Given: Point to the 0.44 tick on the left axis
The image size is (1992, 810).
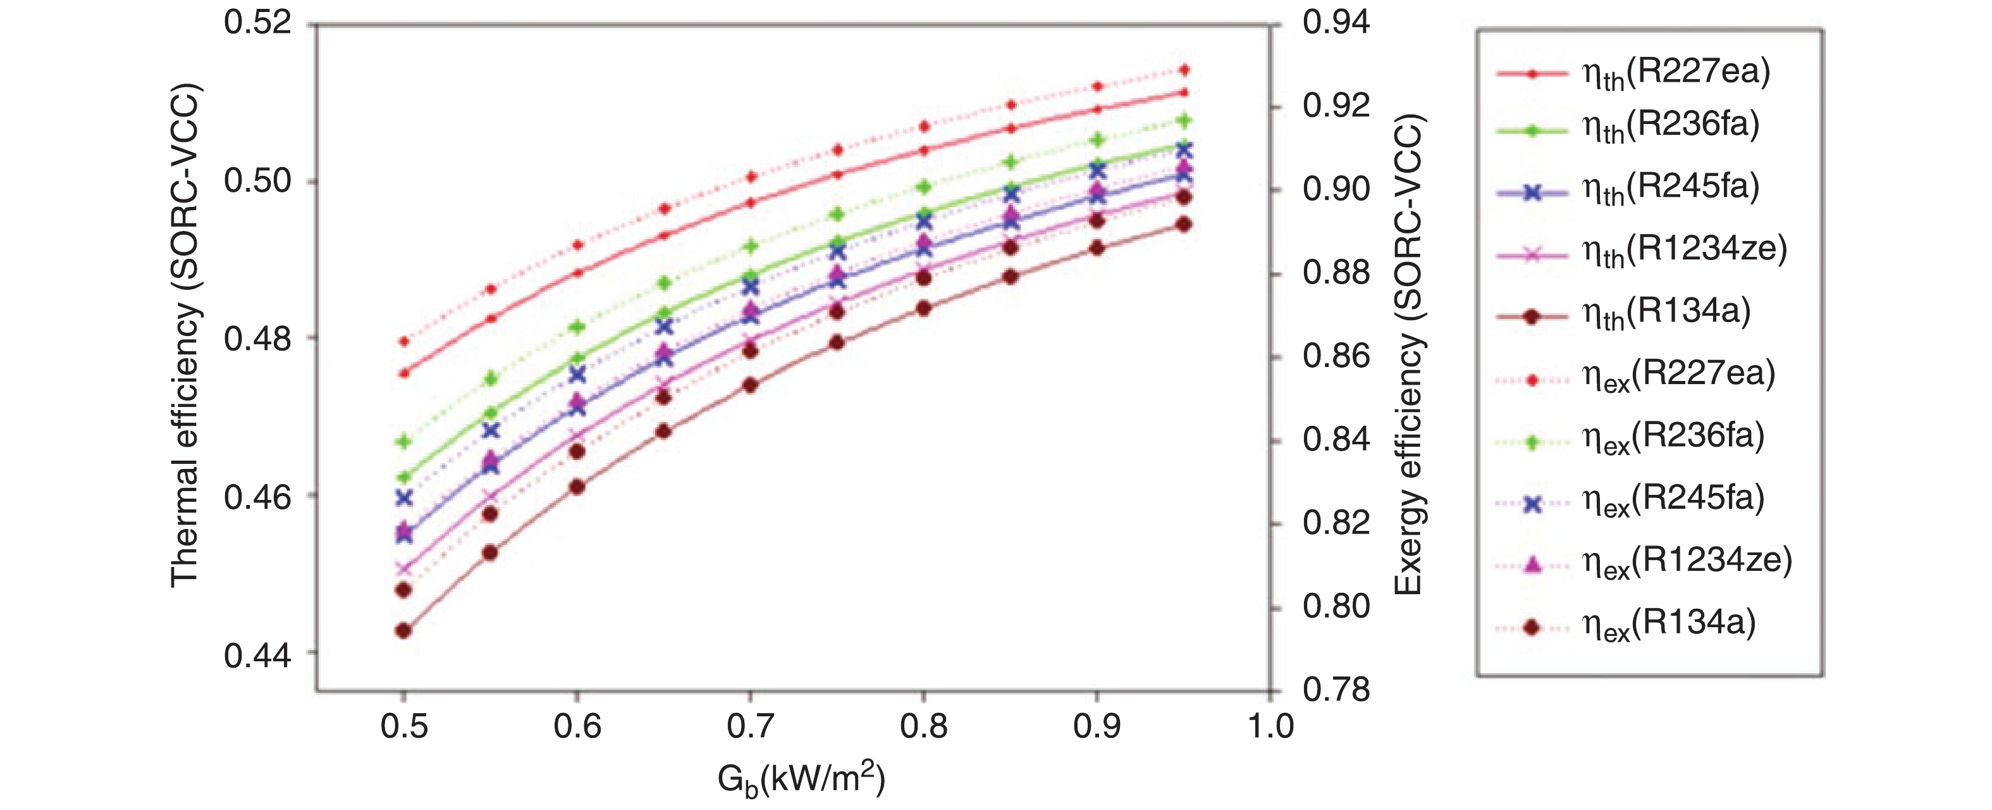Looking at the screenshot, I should coord(257,655).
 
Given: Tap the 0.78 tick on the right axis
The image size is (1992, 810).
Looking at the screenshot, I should coord(1336,688).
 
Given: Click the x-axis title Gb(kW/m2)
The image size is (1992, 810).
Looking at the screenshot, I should coord(801,780).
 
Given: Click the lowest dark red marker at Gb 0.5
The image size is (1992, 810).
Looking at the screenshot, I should coord(403,630).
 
